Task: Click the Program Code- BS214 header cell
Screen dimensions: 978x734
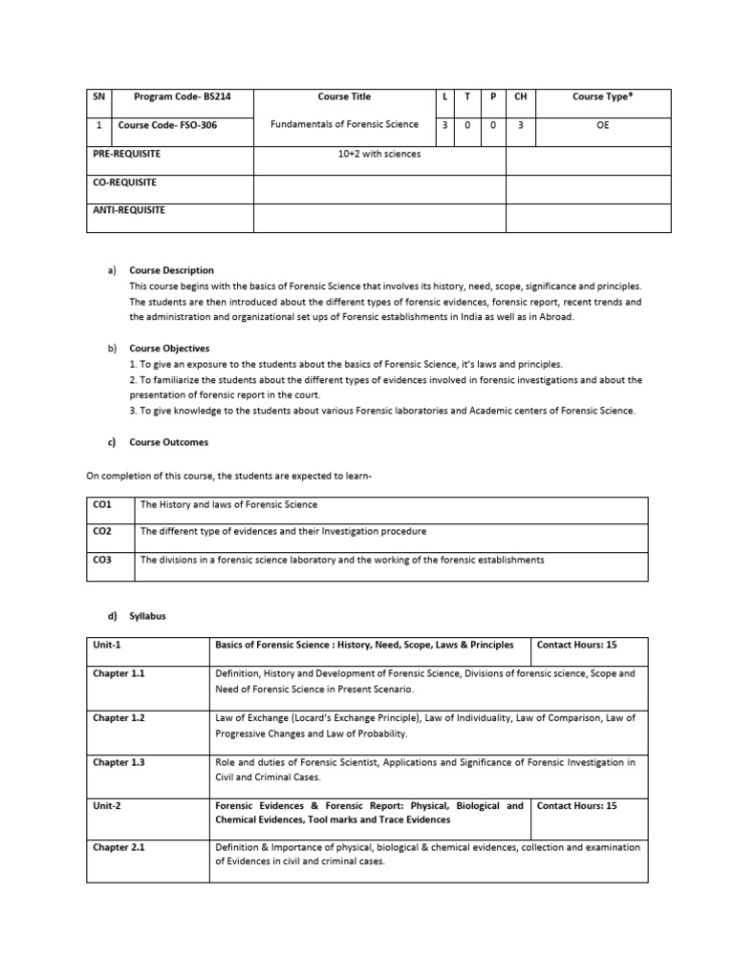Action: (183, 96)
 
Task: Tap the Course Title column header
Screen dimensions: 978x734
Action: (344, 96)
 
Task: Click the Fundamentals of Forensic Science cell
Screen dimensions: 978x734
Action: (344, 124)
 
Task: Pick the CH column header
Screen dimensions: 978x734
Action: (520, 96)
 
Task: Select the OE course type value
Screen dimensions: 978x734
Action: (601, 124)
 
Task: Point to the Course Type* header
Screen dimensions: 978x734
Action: (601, 96)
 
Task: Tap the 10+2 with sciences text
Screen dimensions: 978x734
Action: (378, 153)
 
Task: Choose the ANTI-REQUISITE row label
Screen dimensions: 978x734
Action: (129, 210)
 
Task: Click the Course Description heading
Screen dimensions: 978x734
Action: (172, 270)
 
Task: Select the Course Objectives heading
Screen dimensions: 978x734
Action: (169, 349)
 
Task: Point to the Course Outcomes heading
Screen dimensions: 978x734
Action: (168, 442)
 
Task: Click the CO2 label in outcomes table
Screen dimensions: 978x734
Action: (102, 531)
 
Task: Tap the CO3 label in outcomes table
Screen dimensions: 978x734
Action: (102, 560)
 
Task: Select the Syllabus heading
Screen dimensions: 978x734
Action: (148, 616)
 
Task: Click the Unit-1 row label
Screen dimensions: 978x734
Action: (107, 646)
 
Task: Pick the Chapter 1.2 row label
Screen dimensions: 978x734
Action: (119, 717)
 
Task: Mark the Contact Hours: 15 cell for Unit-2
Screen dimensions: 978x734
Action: (577, 806)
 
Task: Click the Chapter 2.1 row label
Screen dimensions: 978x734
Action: (119, 847)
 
